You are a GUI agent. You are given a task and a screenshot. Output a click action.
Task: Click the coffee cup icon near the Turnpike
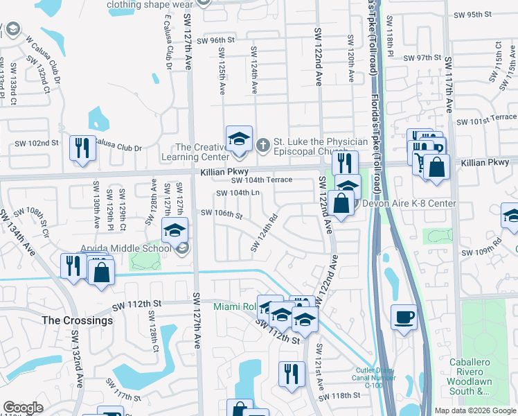[x=404, y=318]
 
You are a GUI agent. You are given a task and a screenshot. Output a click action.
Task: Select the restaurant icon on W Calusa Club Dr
[x=82, y=148]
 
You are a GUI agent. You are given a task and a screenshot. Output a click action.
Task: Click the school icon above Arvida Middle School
[x=175, y=229]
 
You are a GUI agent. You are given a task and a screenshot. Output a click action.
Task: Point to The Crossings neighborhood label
[x=77, y=320]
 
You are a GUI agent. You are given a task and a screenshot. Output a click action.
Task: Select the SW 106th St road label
[x=221, y=214]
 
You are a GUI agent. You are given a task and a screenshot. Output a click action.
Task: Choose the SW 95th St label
[x=472, y=14]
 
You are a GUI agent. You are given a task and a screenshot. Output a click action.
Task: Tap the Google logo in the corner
[x=23, y=408]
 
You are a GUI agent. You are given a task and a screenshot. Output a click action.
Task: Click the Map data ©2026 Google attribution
[x=474, y=410]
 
